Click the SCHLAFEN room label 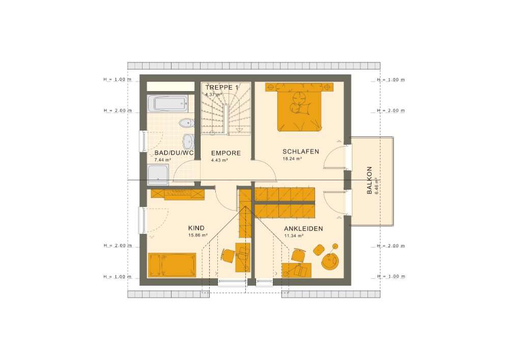point(301,152)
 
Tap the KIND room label point(196,228)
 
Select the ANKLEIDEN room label point(303,229)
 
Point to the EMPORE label point(226,153)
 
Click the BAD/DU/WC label point(174,153)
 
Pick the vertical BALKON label point(370,180)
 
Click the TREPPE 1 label point(222,88)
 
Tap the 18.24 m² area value point(293,159)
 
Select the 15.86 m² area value point(198,235)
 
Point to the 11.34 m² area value point(294,236)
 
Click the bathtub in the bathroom point(167,103)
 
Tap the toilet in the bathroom point(186,123)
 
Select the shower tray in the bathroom point(158,175)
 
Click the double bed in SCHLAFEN point(299,107)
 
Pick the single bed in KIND point(172,265)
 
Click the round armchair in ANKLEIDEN point(330,261)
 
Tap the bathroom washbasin point(189,142)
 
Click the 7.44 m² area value point(163,160)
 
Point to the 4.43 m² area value point(219,160)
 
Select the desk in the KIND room point(243,257)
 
